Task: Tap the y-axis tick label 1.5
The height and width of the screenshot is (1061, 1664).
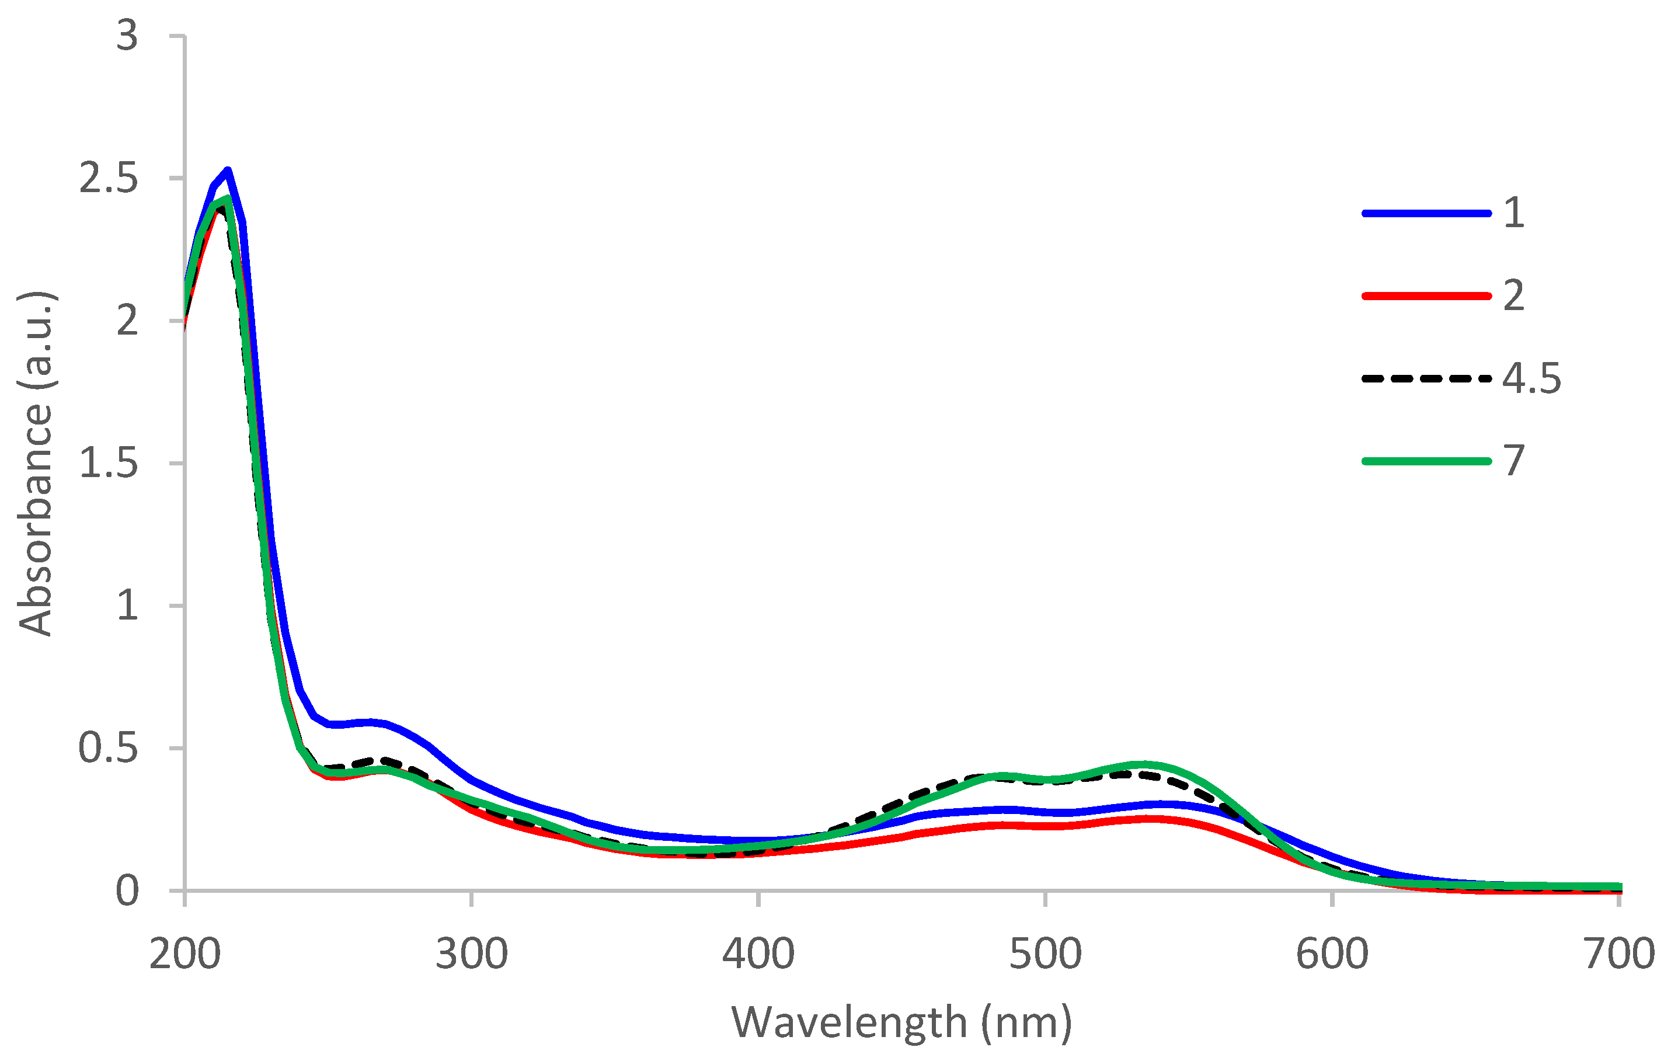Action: tap(108, 463)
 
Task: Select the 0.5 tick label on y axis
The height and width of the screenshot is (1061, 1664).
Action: tap(108, 748)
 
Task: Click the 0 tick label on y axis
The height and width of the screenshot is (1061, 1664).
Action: tap(127, 891)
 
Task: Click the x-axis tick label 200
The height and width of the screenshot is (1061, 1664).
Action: tap(184, 954)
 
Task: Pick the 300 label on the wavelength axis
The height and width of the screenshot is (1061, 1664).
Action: tap(471, 954)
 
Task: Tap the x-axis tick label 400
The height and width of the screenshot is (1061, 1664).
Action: tap(758, 954)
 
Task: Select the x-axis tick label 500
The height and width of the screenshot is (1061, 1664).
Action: tap(1045, 954)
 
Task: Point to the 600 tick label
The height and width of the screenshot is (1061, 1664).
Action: tap(1332, 954)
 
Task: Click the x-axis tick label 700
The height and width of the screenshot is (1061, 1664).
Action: tap(1619, 954)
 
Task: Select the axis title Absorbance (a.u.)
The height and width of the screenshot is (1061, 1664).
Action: tap(34, 463)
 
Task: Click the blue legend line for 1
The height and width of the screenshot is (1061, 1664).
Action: tap(1426, 214)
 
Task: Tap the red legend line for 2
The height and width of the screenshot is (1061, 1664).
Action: tap(1426, 296)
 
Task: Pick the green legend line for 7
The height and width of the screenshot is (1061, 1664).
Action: tap(1426, 461)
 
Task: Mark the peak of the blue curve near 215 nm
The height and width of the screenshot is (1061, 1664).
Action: tap(227, 170)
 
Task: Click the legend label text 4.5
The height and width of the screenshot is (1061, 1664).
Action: tap(1531, 379)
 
